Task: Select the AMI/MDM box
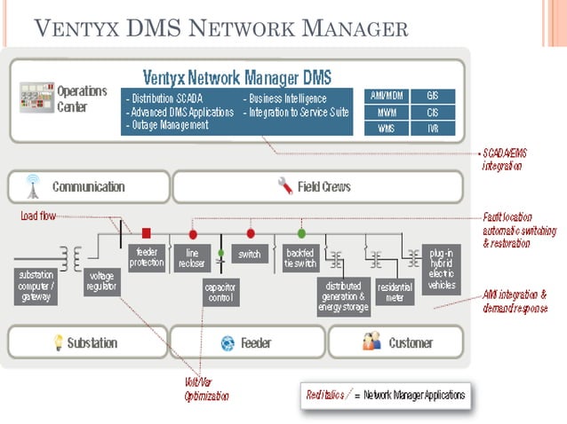(x=387, y=96)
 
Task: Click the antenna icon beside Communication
(x=32, y=186)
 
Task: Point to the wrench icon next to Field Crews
(x=285, y=186)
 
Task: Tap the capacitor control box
(x=220, y=292)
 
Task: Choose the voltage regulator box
(x=100, y=281)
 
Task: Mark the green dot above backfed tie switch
(x=301, y=233)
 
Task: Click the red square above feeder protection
(x=146, y=233)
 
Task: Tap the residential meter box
(x=395, y=293)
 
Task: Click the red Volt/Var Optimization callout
(x=205, y=389)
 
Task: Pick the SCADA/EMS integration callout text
(x=506, y=159)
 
